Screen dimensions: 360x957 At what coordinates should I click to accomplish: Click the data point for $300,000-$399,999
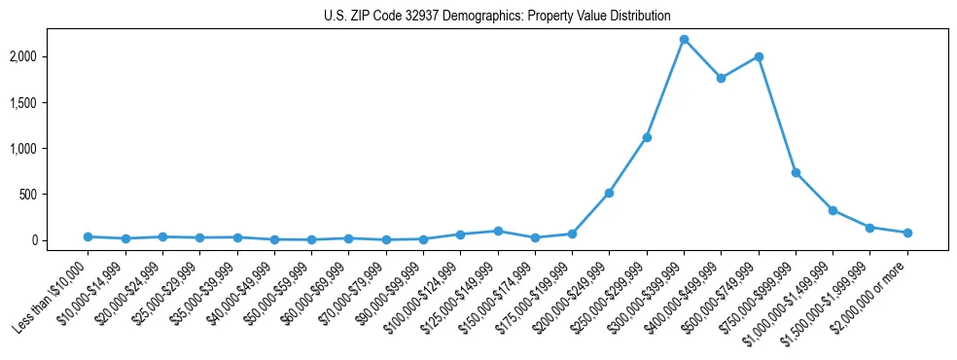[x=684, y=39]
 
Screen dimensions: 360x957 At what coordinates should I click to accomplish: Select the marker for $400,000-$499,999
[x=721, y=78]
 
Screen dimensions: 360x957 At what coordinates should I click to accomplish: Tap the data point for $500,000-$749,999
[x=759, y=56]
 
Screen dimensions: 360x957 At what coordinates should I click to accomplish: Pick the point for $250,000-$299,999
[x=647, y=137]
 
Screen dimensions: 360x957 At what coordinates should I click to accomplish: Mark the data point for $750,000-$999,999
[x=796, y=173]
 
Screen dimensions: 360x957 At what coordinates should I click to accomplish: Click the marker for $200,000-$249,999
[x=609, y=193]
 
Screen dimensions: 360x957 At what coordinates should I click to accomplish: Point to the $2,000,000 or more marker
[x=907, y=233]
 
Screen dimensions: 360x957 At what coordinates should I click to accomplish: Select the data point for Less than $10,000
[x=88, y=236]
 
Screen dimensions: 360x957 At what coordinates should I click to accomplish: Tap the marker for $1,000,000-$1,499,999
[x=833, y=210]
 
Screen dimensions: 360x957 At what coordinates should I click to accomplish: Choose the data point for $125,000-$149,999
[x=498, y=231]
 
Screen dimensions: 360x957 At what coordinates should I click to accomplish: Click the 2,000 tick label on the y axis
[x=48, y=56]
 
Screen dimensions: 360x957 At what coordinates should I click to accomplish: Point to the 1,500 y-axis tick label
[x=48, y=102]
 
